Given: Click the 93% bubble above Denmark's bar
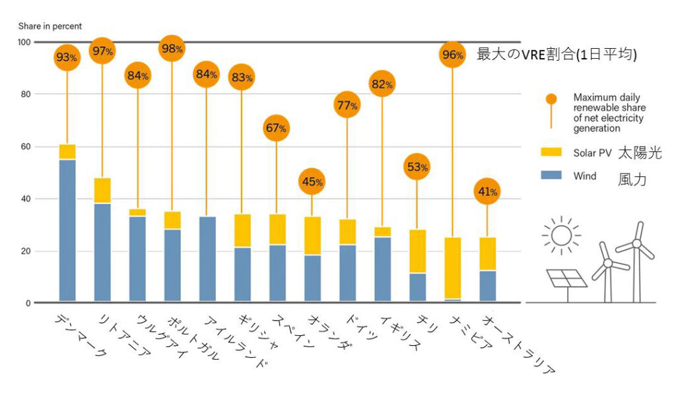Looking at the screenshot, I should point(67,57).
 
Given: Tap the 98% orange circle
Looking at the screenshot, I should point(172,49).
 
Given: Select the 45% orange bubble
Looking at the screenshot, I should point(312,181).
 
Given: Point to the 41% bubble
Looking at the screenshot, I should point(487,192).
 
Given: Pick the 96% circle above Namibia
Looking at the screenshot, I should point(452,55).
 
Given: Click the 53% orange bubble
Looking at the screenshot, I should point(417,167).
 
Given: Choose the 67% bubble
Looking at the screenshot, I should point(277,128).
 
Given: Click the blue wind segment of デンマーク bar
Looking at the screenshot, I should point(67,230).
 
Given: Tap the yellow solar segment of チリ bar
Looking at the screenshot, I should point(417,251).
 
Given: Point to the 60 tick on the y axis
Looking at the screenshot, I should point(25,147).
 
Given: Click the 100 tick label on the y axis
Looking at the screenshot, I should point(24,42).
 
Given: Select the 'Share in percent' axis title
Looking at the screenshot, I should point(50,26).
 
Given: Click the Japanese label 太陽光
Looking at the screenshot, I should point(639,154).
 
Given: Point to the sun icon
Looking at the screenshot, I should point(560,236).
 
